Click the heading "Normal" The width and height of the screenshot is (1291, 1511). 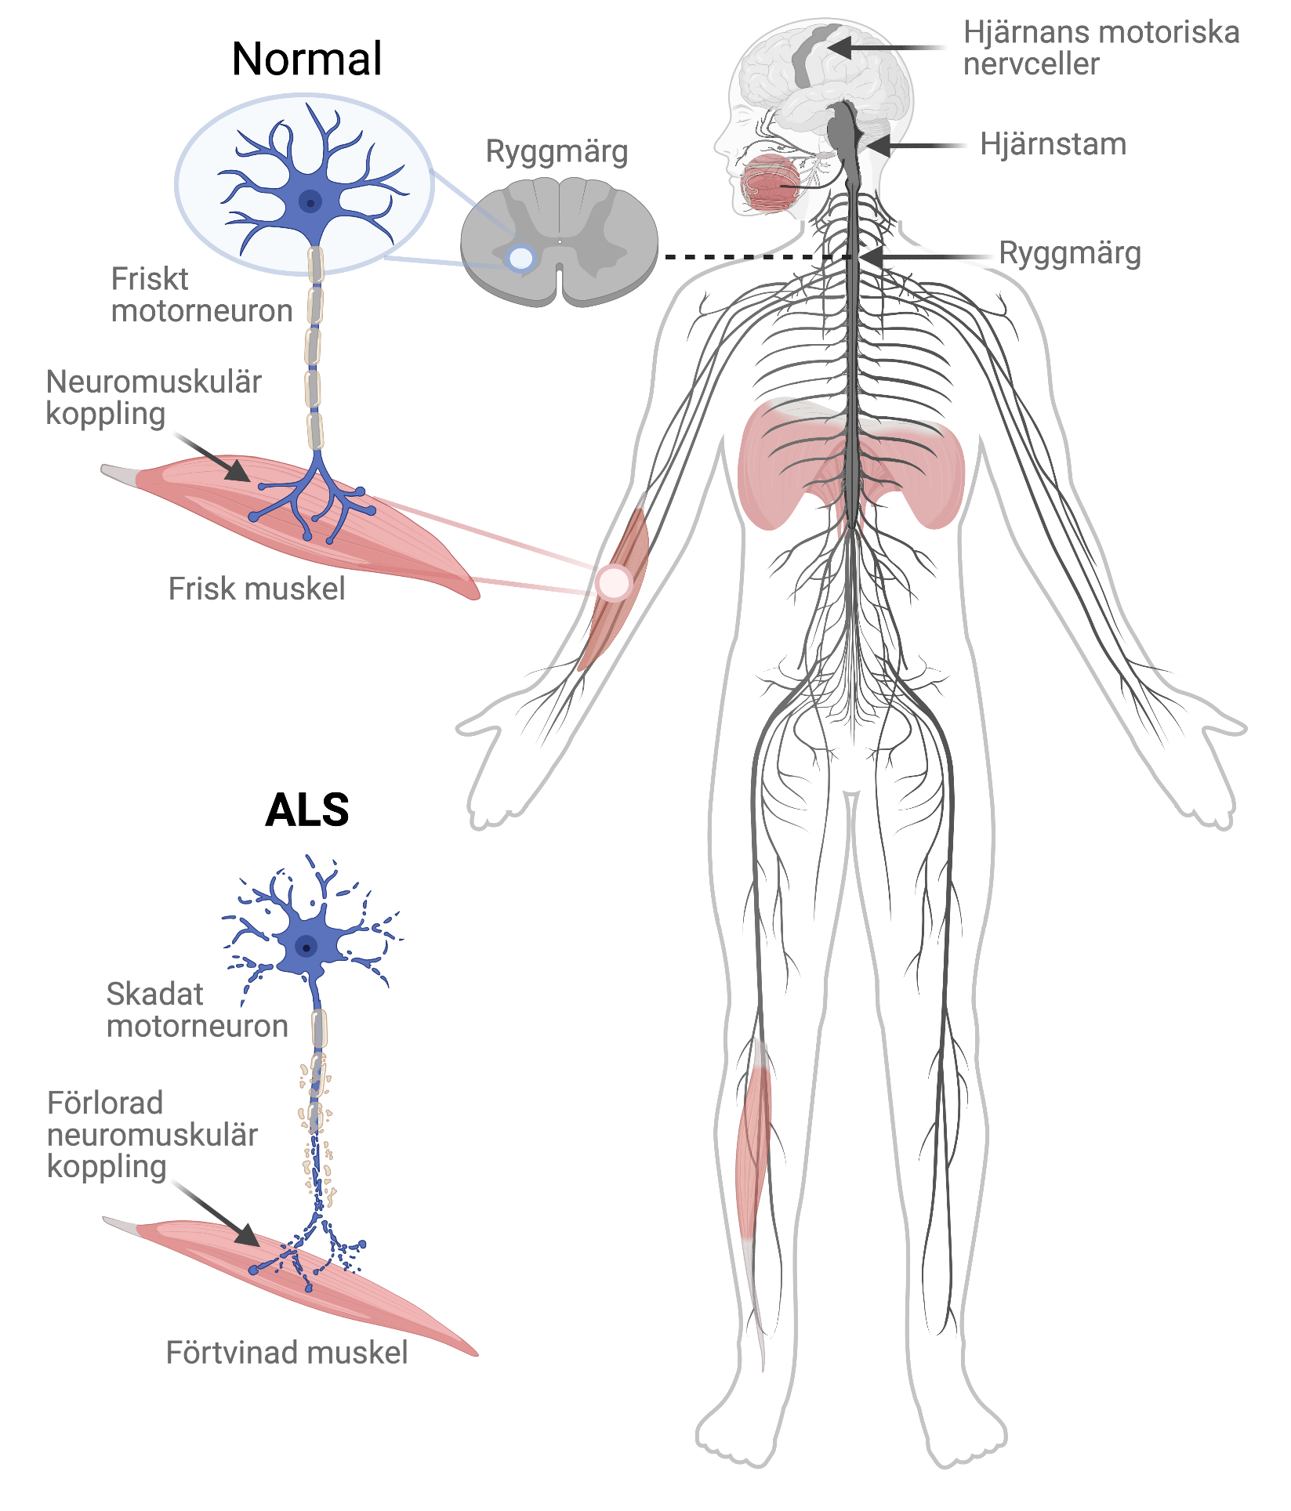pos(306,60)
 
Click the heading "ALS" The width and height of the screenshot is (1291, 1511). pos(306,810)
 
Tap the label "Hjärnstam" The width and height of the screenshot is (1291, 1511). pos(1053,144)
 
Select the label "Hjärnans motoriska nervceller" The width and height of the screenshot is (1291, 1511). pos(1101,49)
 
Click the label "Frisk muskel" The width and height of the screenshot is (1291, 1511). pos(256,589)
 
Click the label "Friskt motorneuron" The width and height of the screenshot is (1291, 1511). pos(201,295)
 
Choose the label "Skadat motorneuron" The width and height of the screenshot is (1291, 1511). pos(197,1010)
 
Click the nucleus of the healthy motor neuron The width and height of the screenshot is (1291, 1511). pos(311,202)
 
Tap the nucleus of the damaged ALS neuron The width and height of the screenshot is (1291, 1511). pos(306,948)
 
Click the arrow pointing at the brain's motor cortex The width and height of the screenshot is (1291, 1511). pos(886,48)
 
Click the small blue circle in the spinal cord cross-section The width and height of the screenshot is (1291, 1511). pos(520,257)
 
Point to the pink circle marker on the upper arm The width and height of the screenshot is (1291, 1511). pos(613,582)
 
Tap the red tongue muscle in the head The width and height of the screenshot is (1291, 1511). pos(770,183)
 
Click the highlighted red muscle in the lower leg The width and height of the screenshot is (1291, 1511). pos(752,1136)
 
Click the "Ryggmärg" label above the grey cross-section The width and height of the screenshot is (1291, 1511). pos(557,151)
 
